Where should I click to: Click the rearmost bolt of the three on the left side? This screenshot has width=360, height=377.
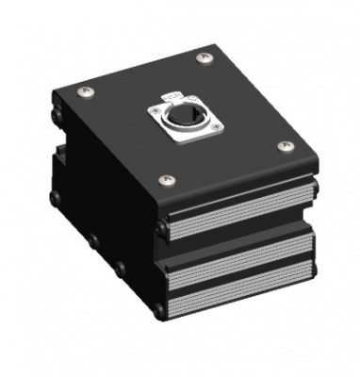[56, 198]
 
